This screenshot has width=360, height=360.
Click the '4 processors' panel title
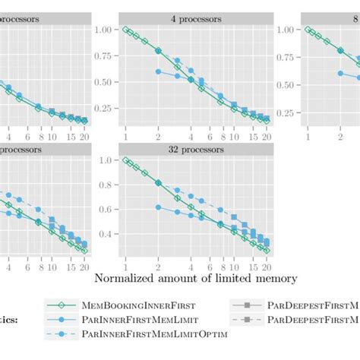[196, 17]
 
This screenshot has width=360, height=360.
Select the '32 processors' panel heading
[196, 150]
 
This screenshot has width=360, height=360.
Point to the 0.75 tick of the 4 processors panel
[101, 57]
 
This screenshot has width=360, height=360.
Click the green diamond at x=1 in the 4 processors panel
[125, 30]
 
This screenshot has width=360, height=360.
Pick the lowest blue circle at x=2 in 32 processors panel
[158, 207]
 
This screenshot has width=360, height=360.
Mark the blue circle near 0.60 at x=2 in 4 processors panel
[158, 71]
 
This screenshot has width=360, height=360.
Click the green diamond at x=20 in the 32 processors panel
[267, 248]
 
